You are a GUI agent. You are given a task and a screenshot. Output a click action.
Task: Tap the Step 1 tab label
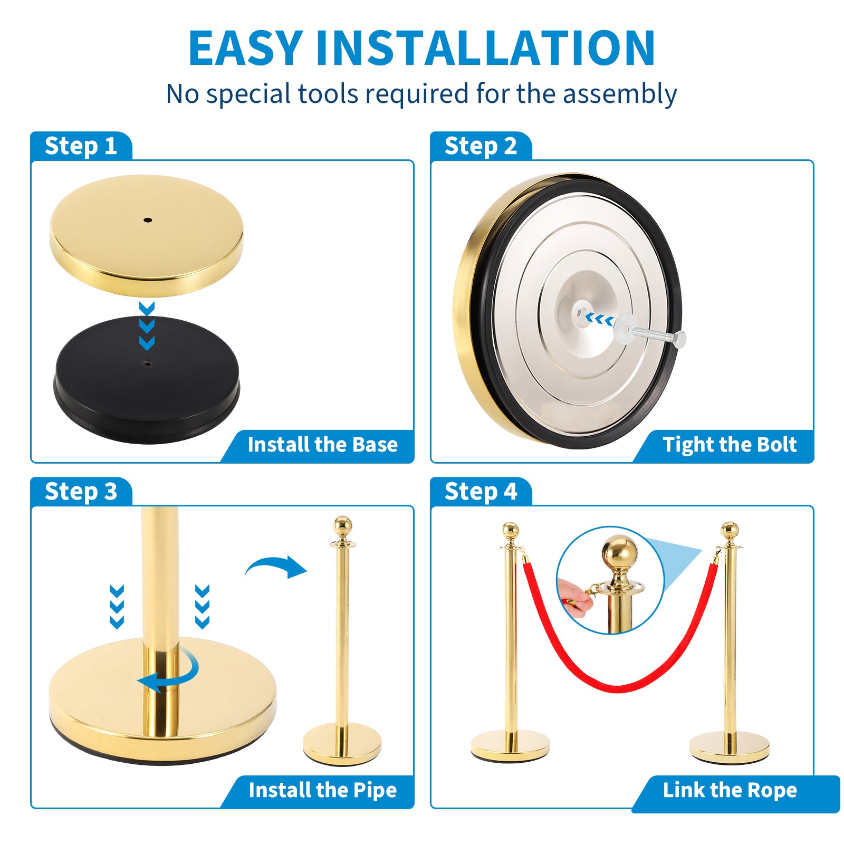point(81,146)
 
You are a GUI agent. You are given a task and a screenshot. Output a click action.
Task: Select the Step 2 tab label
point(481,146)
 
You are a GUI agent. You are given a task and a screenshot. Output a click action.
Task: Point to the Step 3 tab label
point(81,492)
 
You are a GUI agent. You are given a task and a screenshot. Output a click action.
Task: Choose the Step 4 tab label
point(481,492)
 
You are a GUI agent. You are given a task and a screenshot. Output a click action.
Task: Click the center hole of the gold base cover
point(148,220)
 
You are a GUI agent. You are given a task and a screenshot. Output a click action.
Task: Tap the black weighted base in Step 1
point(147,380)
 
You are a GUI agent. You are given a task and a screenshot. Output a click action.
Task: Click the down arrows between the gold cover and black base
point(147,326)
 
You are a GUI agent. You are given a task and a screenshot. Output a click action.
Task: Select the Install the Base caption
point(323,445)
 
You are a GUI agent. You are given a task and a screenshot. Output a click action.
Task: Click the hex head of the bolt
point(680,339)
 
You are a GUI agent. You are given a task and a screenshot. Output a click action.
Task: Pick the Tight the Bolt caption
point(730,445)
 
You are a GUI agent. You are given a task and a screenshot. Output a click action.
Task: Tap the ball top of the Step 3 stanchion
point(343,525)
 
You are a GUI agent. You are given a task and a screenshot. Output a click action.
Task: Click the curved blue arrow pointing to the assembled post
point(276,566)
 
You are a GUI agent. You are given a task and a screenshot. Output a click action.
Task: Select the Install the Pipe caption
point(323,790)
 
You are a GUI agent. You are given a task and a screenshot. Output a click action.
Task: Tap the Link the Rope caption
point(730,790)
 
